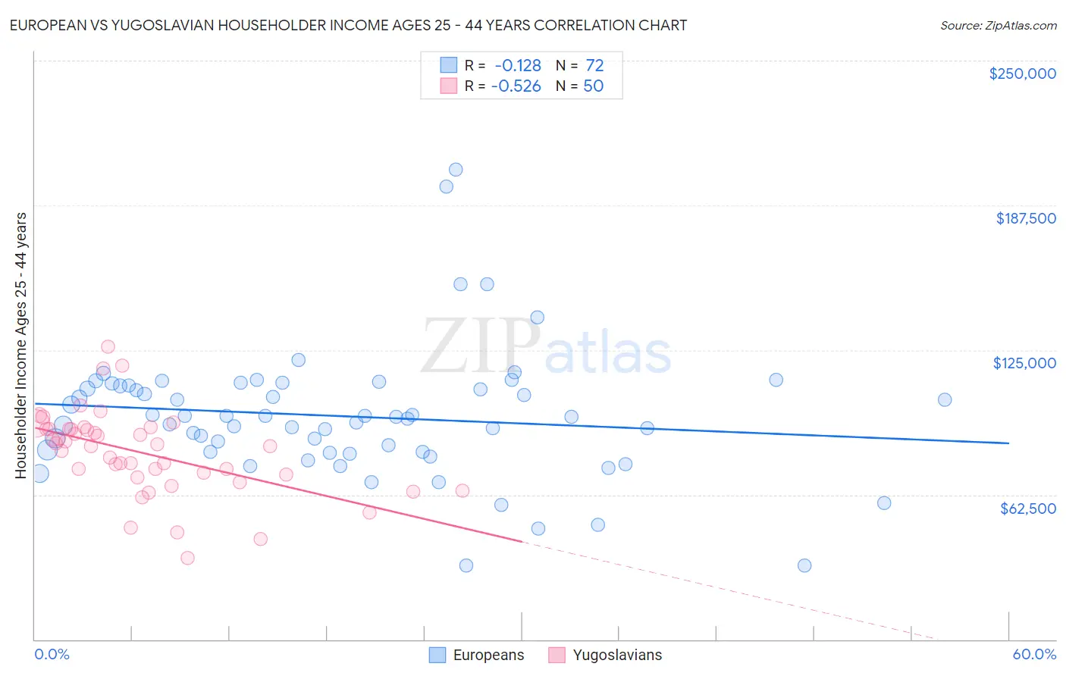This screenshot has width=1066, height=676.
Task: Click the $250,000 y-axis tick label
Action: point(1022,74)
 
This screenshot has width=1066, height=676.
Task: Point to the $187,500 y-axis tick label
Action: point(1025,218)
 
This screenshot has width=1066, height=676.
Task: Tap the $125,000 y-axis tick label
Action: point(1024,363)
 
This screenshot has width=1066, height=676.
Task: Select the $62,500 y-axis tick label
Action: point(1027,509)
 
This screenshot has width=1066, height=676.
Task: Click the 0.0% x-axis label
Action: point(52,654)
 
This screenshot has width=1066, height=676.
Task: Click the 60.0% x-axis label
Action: point(1034,654)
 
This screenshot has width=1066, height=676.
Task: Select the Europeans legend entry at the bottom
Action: point(477,655)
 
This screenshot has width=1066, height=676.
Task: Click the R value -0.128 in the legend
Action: point(518,66)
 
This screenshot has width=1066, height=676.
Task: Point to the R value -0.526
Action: point(516,86)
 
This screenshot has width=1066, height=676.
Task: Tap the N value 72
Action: point(594,66)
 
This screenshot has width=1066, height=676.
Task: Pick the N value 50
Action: point(593,86)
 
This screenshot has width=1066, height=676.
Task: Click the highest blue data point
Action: point(456,170)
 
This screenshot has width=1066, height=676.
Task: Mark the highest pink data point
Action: point(108,346)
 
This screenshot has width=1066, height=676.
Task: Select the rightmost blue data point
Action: point(945,399)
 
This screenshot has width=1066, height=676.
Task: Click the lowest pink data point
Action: point(187,558)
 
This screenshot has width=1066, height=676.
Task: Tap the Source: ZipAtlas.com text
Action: point(998,26)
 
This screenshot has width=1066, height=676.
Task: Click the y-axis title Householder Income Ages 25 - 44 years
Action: point(20,346)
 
